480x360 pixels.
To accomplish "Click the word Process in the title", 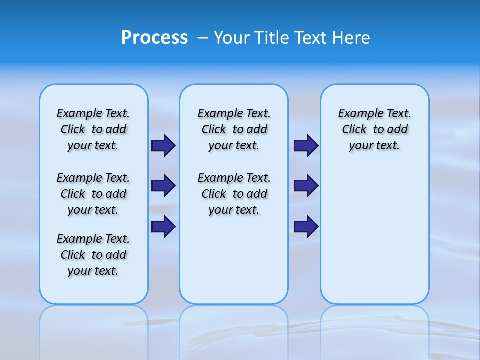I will coord(154,38).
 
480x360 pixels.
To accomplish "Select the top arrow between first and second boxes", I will coord(163,145).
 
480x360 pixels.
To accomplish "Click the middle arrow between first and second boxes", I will coord(163,186).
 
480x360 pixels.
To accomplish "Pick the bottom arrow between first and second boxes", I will coord(163,226).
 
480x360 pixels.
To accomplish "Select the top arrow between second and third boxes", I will coord(306,145).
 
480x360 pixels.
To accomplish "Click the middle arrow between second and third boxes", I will coord(306,186).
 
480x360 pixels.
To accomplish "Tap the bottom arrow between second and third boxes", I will coord(306,226).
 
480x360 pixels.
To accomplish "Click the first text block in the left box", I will coord(93,129).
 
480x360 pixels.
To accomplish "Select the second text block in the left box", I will coord(93,194).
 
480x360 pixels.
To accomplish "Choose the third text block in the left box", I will coord(93,255).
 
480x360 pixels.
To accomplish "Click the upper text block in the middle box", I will coord(234,129).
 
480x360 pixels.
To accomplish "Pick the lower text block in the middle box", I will coord(234,194).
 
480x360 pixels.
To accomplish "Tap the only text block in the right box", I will coord(374,129).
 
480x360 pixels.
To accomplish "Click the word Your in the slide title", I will coord(231,38).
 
